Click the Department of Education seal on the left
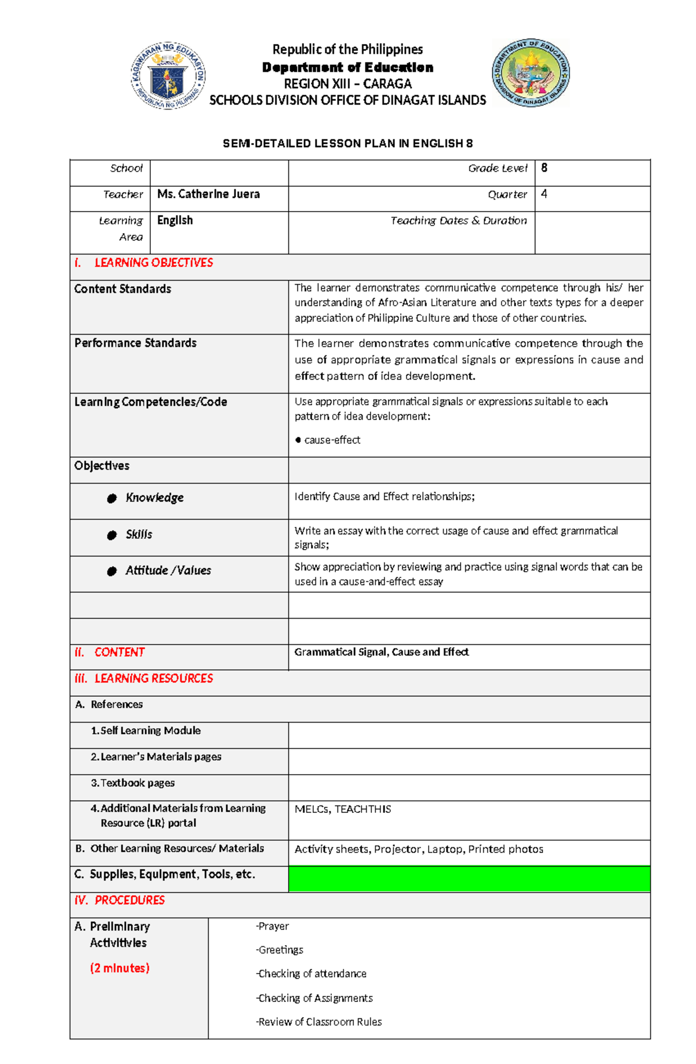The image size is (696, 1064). click(x=168, y=76)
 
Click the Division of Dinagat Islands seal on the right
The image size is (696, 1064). click(x=531, y=73)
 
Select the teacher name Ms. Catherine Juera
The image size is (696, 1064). click(x=208, y=194)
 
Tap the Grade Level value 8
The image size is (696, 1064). click(x=544, y=168)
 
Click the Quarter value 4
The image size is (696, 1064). click(x=544, y=194)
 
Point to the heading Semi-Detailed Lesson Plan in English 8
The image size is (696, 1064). click(x=348, y=143)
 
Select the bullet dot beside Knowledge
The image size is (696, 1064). click(x=112, y=499)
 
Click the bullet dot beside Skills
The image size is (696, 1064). click(x=112, y=535)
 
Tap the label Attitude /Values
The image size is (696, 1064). click(x=168, y=571)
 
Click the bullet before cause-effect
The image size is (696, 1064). click(x=298, y=440)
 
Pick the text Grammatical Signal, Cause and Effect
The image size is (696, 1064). click(x=381, y=652)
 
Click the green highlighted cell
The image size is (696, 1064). click(x=469, y=878)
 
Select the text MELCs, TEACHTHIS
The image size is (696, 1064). click(x=343, y=809)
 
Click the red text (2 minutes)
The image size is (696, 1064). click(x=119, y=968)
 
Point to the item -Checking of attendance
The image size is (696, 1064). click(x=311, y=974)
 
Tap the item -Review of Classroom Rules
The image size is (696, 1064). click(x=319, y=1022)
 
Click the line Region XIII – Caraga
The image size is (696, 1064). click(x=348, y=83)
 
